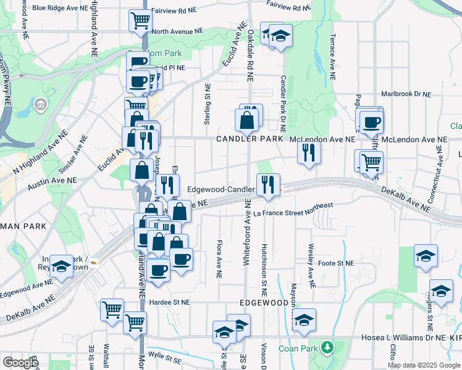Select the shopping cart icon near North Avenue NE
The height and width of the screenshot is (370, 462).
[140, 22]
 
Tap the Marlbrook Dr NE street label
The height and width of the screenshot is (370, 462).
[405, 94]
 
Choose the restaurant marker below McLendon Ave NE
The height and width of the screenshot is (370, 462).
[309, 152]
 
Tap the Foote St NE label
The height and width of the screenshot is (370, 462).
[337, 263]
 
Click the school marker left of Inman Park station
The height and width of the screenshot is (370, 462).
[62, 266]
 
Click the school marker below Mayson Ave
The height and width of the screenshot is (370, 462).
[304, 320]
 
